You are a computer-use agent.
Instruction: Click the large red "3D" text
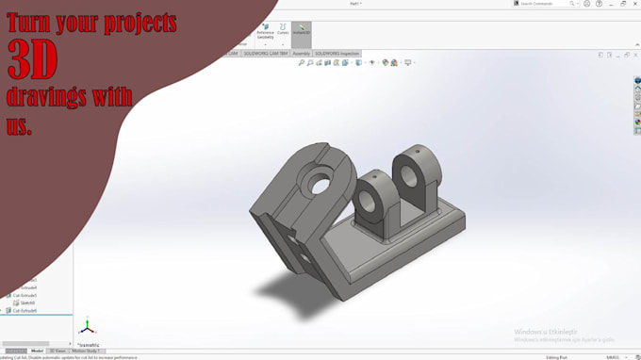33,60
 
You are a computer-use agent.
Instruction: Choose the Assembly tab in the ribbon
302,54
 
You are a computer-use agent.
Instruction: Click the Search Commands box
546,4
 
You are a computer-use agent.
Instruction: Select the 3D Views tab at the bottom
58,351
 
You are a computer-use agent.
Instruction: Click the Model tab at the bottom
38,351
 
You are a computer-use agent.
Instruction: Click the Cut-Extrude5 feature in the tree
25,295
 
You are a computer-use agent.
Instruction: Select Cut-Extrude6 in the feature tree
25,310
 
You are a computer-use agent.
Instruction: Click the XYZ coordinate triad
87,328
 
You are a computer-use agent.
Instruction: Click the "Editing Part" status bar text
557,357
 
